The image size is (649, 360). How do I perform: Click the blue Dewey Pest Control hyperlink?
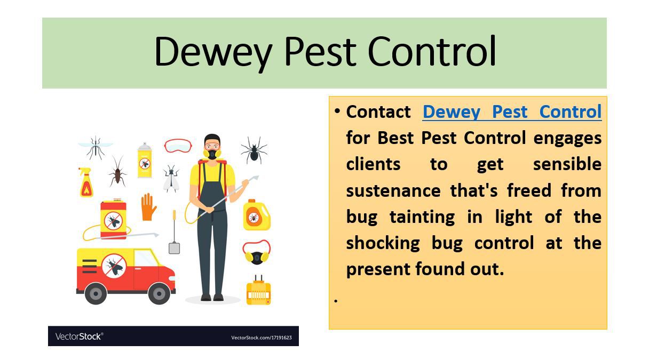(x=512, y=112)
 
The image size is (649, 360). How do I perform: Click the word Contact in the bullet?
(x=378, y=112)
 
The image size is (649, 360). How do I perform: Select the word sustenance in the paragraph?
(x=393, y=191)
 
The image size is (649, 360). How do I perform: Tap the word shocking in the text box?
(x=383, y=244)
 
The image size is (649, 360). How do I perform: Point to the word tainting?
(x=422, y=217)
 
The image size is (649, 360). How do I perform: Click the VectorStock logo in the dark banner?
(x=79, y=337)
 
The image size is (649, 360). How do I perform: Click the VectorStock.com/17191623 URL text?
(x=262, y=338)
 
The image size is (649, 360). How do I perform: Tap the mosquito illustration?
(x=96, y=148)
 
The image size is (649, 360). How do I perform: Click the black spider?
(x=254, y=150)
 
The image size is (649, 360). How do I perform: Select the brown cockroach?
(x=117, y=171)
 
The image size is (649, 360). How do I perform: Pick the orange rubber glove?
(x=148, y=207)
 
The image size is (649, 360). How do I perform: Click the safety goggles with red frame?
(x=178, y=146)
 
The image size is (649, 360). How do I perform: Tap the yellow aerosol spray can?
(x=145, y=160)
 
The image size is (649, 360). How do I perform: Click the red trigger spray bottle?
(x=86, y=182)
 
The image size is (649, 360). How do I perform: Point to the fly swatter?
(x=174, y=233)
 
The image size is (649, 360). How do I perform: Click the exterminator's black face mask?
(x=212, y=154)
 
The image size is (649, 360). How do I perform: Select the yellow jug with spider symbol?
(x=256, y=215)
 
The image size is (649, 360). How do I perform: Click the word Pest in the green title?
(x=320, y=52)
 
